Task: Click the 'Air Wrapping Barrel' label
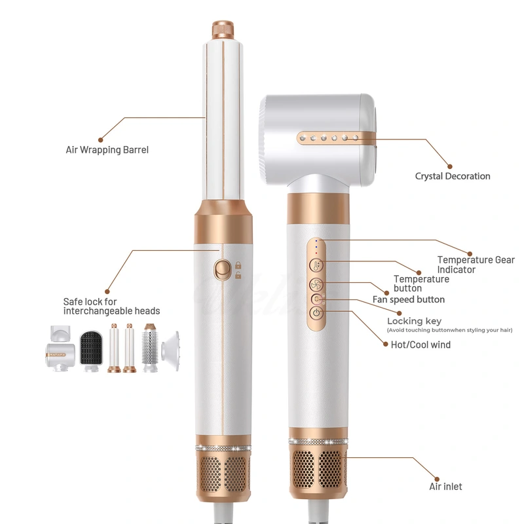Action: pyautogui.click(x=107, y=150)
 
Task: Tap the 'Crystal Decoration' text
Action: pyautogui.click(x=453, y=176)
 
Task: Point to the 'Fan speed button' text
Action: pyautogui.click(x=409, y=299)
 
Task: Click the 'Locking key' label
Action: pyautogui.click(x=414, y=321)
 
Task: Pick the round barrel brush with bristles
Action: pyautogui.click(x=151, y=348)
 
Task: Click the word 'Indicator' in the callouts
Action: pyautogui.click(x=457, y=269)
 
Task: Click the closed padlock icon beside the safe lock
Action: pyautogui.click(x=238, y=265)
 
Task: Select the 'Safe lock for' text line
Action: pyautogui.click(x=90, y=302)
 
